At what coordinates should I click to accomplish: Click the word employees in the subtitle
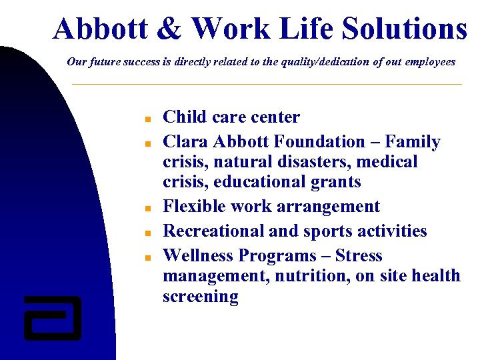427,62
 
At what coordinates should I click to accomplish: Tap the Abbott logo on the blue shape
52,317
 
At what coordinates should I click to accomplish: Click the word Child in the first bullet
182,117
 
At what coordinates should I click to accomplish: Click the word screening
200,297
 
